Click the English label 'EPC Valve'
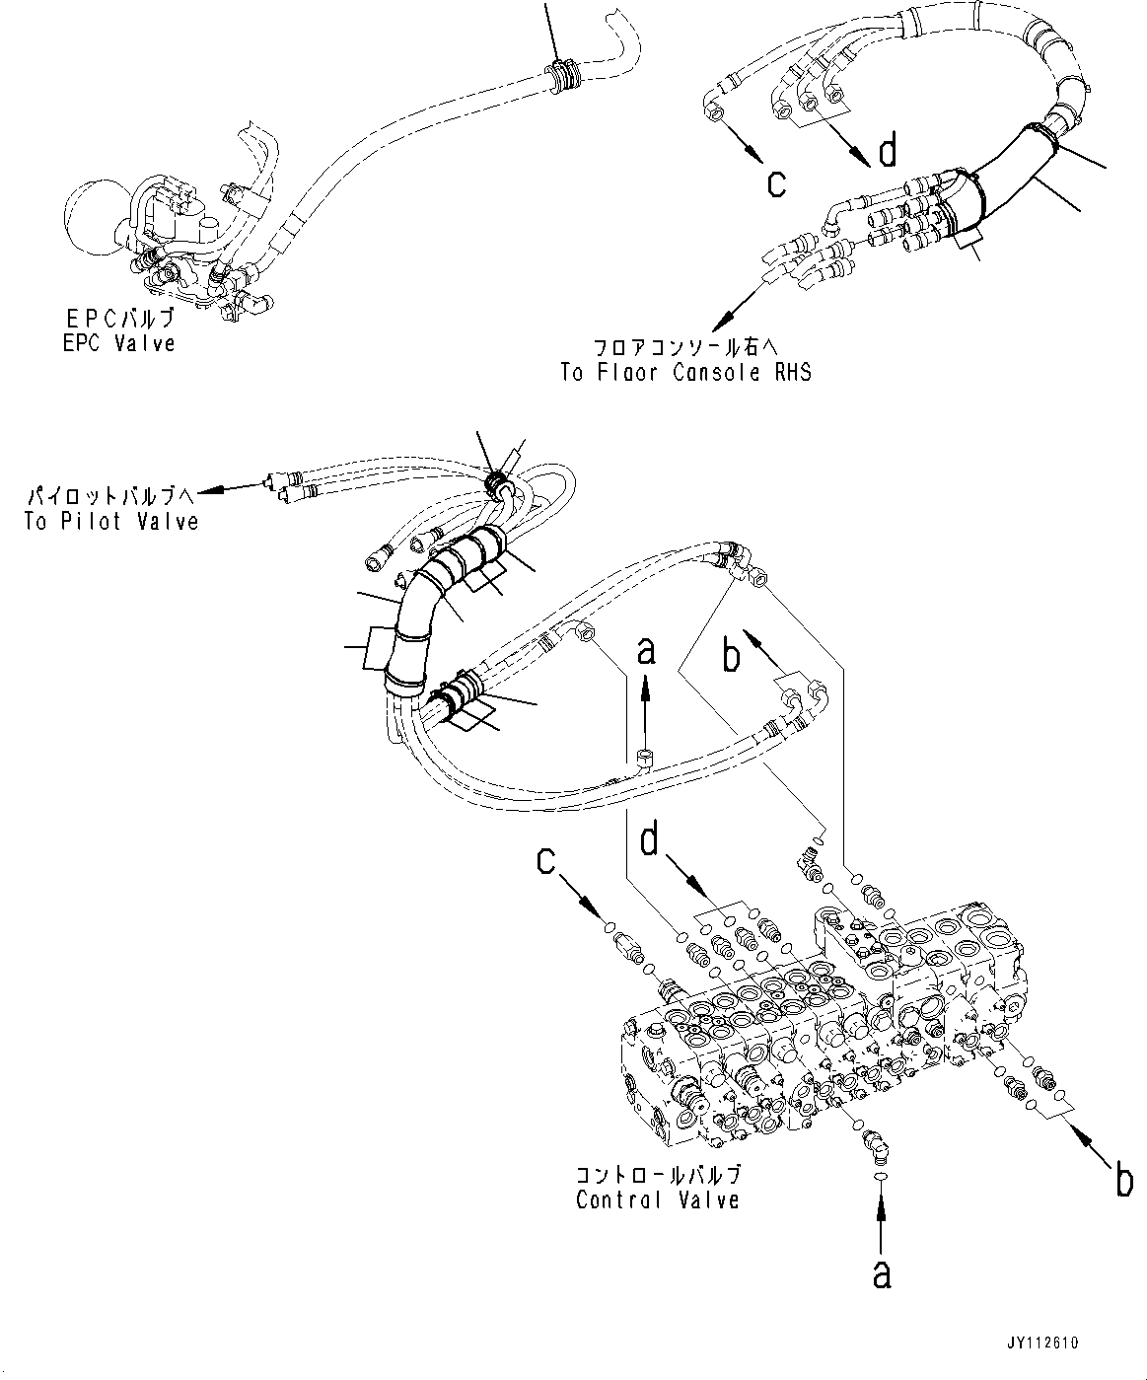tap(116, 344)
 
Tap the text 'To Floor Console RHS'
tap(685, 373)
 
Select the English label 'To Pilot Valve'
tap(111, 522)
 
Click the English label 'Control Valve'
tap(658, 1200)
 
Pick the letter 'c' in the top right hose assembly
tap(777, 182)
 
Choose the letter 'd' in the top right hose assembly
tap(888, 151)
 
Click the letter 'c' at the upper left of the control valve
tap(546, 861)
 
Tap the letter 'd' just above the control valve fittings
tap(649, 842)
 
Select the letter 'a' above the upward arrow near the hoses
tap(646, 652)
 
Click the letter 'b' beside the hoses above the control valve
tap(731, 657)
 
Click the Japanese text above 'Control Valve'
tap(658, 1176)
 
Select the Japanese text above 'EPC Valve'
tap(116, 320)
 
